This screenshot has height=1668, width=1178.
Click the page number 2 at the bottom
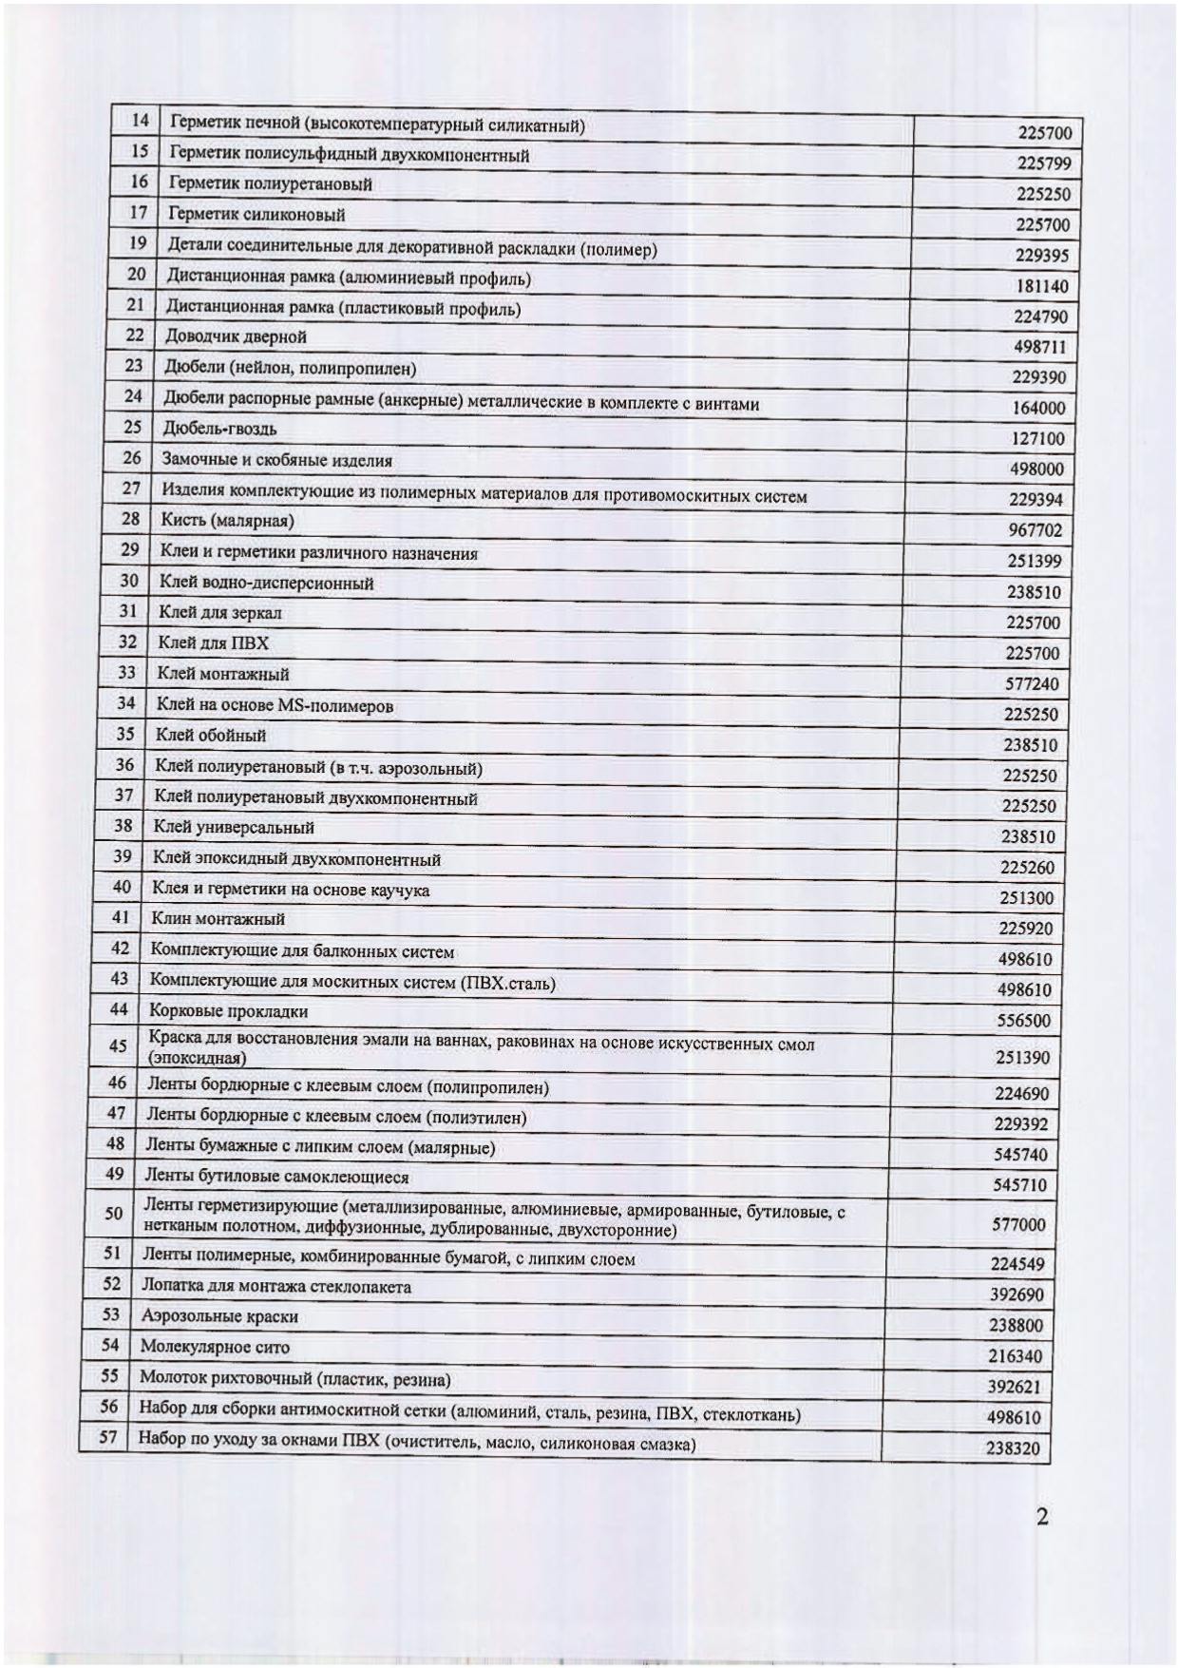click(x=1042, y=1518)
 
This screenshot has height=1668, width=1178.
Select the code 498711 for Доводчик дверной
click(x=1039, y=347)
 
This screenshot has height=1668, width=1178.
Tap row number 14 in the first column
click(x=141, y=121)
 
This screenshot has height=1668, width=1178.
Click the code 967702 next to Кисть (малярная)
click(x=1035, y=530)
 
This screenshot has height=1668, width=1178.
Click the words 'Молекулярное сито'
click(x=215, y=1347)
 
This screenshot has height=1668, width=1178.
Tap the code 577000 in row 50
click(x=1018, y=1225)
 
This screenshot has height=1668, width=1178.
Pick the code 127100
click(x=1037, y=439)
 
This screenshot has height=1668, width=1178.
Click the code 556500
click(x=1023, y=1021)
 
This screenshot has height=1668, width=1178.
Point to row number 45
click(x=118, y=1046)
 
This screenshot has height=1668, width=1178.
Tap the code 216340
click(x=1014, y=1356)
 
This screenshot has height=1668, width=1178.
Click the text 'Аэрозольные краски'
click(x=219, y=1316)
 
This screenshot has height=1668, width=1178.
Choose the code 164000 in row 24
click(x=1037, y=409)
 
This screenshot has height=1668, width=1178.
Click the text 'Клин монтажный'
click(x=218, y=919)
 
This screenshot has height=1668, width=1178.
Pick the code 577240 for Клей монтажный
click(x=1032, y=684)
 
